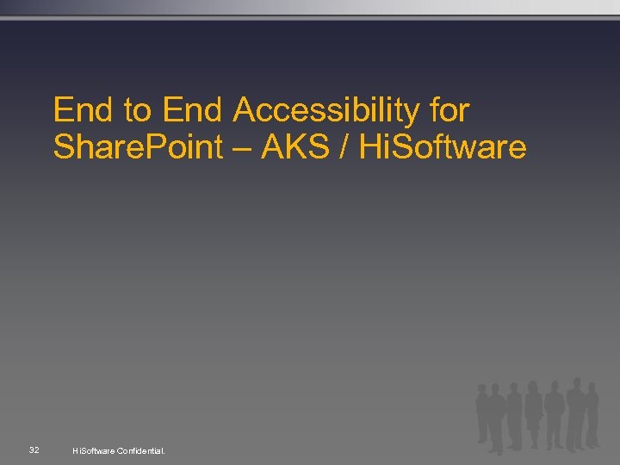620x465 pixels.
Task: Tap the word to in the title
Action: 136,110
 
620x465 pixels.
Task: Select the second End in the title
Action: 191,110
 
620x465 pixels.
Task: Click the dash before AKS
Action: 242,148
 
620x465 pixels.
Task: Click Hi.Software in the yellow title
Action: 442,147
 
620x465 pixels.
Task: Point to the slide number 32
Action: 34,450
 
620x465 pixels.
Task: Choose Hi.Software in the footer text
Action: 94,450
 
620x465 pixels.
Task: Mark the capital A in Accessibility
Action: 244,110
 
